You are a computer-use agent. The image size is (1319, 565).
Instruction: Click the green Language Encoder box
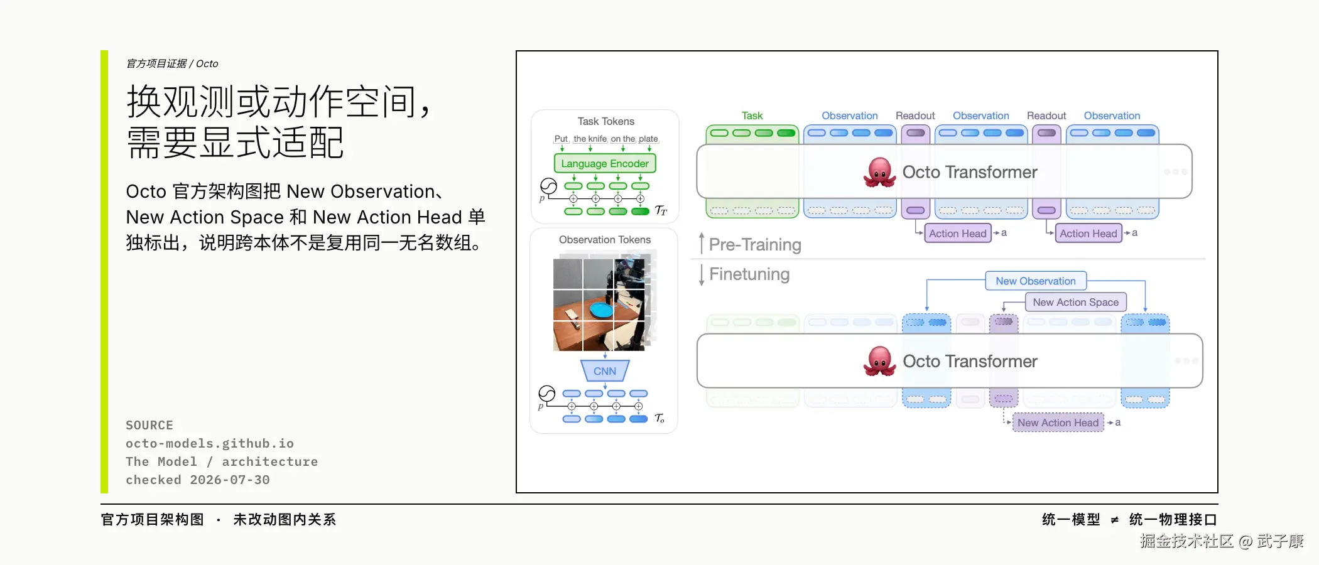(x=605, y=163)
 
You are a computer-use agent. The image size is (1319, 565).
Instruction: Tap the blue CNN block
(x=605, y=370)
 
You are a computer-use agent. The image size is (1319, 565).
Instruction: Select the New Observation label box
(x=1036, y=281)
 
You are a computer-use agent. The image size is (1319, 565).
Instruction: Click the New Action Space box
(x=1076, y=302)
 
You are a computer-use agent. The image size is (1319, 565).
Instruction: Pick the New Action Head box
(x=1058, y=422)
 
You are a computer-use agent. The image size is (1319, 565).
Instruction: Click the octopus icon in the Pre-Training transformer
(x=879, y=172)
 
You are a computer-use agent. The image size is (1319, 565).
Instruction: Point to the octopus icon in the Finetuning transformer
(x=879, y=361)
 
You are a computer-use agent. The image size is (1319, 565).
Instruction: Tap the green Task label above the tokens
(x=752, y=116)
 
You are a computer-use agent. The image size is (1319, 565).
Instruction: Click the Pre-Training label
(x=755, y=244)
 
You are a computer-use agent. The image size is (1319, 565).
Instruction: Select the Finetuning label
(x=749, y=274)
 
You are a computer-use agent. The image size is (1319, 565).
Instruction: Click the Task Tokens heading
(x=605, y=121)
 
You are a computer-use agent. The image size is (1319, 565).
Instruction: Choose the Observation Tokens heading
(x=605, y=240)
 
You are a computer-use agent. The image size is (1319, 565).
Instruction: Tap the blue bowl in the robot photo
(x=602, y=309)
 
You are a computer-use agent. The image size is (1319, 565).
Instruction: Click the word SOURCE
(x=149, y=425)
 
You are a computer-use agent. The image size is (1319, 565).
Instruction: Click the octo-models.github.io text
(x=210, y=443)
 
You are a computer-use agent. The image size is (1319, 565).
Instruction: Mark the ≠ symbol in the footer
(x=1114, y=520)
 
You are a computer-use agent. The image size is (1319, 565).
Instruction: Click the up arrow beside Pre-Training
(x=702, y=244)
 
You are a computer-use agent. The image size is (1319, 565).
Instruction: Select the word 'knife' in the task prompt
(x=597, y=139)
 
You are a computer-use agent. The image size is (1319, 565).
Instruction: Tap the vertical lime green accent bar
(x=104, y=271)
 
